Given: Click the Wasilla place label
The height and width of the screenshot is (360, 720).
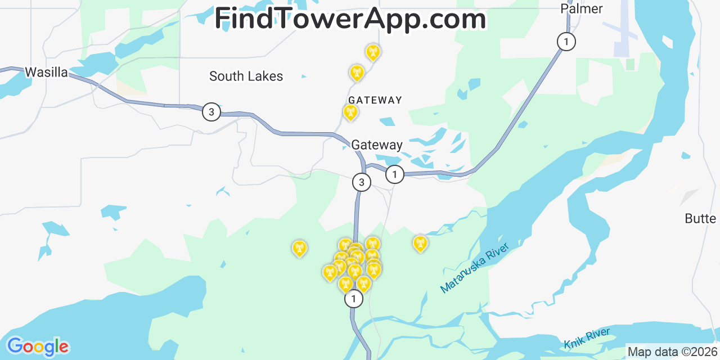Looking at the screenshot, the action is [x=46, y=73].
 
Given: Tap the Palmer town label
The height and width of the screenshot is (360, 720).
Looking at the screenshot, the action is [x=582, y=8].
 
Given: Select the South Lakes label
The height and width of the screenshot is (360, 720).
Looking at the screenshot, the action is [x=246, y=76].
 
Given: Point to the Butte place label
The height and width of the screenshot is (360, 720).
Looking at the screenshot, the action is [x=700, y=219].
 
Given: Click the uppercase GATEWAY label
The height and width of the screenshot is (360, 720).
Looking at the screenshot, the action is [x=375, y=100].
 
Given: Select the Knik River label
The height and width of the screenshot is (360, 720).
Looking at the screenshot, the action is [x=587, y=339].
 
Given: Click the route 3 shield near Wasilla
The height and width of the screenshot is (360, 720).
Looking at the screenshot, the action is [x=211, y=112].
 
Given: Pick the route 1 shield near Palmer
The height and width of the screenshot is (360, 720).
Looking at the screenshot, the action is [x=566, y=41].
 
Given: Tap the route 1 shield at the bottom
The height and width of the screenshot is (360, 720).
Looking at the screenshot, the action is [x=353, y=299].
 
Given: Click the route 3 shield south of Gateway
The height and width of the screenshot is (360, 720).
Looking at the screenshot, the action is [x=361, y=182].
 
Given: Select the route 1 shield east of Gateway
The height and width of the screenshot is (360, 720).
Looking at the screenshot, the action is [x=395, y=174].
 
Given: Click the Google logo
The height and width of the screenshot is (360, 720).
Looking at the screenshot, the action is [x=38, y=346].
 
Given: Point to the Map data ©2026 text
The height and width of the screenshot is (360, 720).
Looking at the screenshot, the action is [x=673, y=352].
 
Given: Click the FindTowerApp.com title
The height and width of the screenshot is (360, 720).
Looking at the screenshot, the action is [x=350, y=19].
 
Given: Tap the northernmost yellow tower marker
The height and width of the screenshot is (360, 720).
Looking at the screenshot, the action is [x=372, y=53].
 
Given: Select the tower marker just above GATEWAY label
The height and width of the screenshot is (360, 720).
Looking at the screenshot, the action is [x=350, y=112].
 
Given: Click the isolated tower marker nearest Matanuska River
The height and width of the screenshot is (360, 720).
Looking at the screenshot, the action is [x=420, y=244].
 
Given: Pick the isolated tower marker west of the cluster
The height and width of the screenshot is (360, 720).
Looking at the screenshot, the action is [x=299, y=248].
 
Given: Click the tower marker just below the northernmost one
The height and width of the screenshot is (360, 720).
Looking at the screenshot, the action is [x=357, y=73].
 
